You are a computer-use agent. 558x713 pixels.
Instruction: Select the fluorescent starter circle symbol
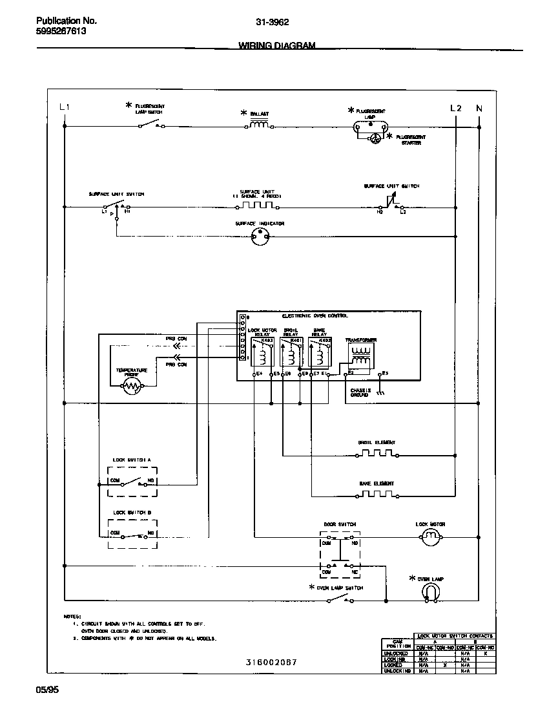coord(375,138)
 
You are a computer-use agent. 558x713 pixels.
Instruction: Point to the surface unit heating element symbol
coord(256,206)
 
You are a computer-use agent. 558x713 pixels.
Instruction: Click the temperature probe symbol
coord(132,386)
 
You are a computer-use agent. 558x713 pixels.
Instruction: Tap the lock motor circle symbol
coord(430,536)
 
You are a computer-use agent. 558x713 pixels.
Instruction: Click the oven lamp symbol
coord(431,591)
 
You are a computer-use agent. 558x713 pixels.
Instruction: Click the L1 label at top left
coord(64,107)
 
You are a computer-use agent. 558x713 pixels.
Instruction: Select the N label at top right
coord(479,108)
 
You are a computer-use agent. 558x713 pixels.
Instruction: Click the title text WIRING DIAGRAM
coord(277,46)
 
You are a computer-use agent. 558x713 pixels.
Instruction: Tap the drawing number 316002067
coord(271,662)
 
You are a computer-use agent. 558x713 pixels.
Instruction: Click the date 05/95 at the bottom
coord(47,690)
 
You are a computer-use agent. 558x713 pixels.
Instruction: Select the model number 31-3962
coord(272,21)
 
